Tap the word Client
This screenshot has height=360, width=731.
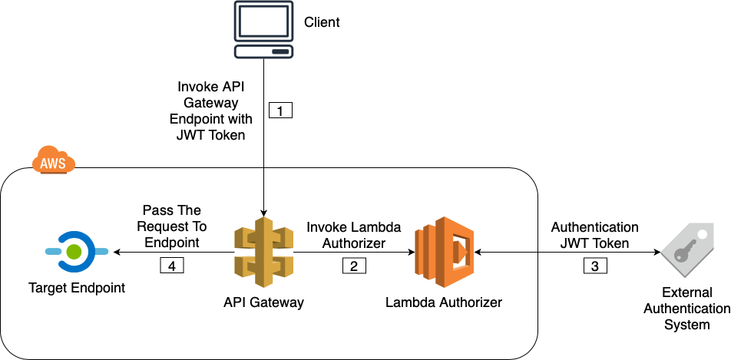tap(322, 22)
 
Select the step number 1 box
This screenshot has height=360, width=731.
tap(280, 111)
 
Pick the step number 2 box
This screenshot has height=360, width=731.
tap(354, 266)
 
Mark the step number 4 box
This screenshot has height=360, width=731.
tap(172, 266)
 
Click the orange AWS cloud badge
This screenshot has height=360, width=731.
tap(54, 161)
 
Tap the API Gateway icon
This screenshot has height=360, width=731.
tap(264, 253)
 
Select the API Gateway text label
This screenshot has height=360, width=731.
tap(263, 302)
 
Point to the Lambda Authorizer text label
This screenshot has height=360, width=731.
tap(444, 302)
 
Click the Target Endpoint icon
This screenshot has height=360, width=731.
tap(74, 251)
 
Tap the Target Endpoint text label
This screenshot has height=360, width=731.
tap(76, 289)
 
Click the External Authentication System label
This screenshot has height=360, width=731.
tap(687, 309)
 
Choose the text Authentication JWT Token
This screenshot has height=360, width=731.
tap(594, 235)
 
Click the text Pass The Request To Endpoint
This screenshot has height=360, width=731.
tap(171, 226)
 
